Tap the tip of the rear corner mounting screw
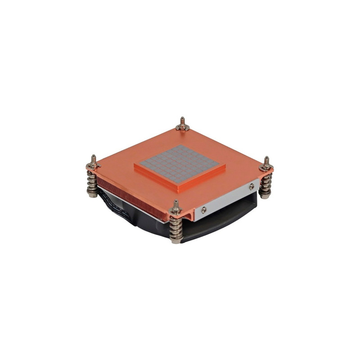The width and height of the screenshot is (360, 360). point(182,119)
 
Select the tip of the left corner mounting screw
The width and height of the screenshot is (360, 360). point(93,157)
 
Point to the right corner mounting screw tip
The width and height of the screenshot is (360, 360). point(266,158)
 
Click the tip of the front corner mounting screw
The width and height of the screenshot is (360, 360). point(175,202)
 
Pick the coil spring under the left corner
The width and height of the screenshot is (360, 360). point(92,182)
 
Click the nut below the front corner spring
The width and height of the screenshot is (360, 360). point(176,240)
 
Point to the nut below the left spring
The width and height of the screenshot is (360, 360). point(93,194)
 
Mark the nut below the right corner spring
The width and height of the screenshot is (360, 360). point(265,195)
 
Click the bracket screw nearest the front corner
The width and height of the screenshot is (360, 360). point(204,210)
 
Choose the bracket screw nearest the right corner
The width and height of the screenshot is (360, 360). point(251,186)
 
